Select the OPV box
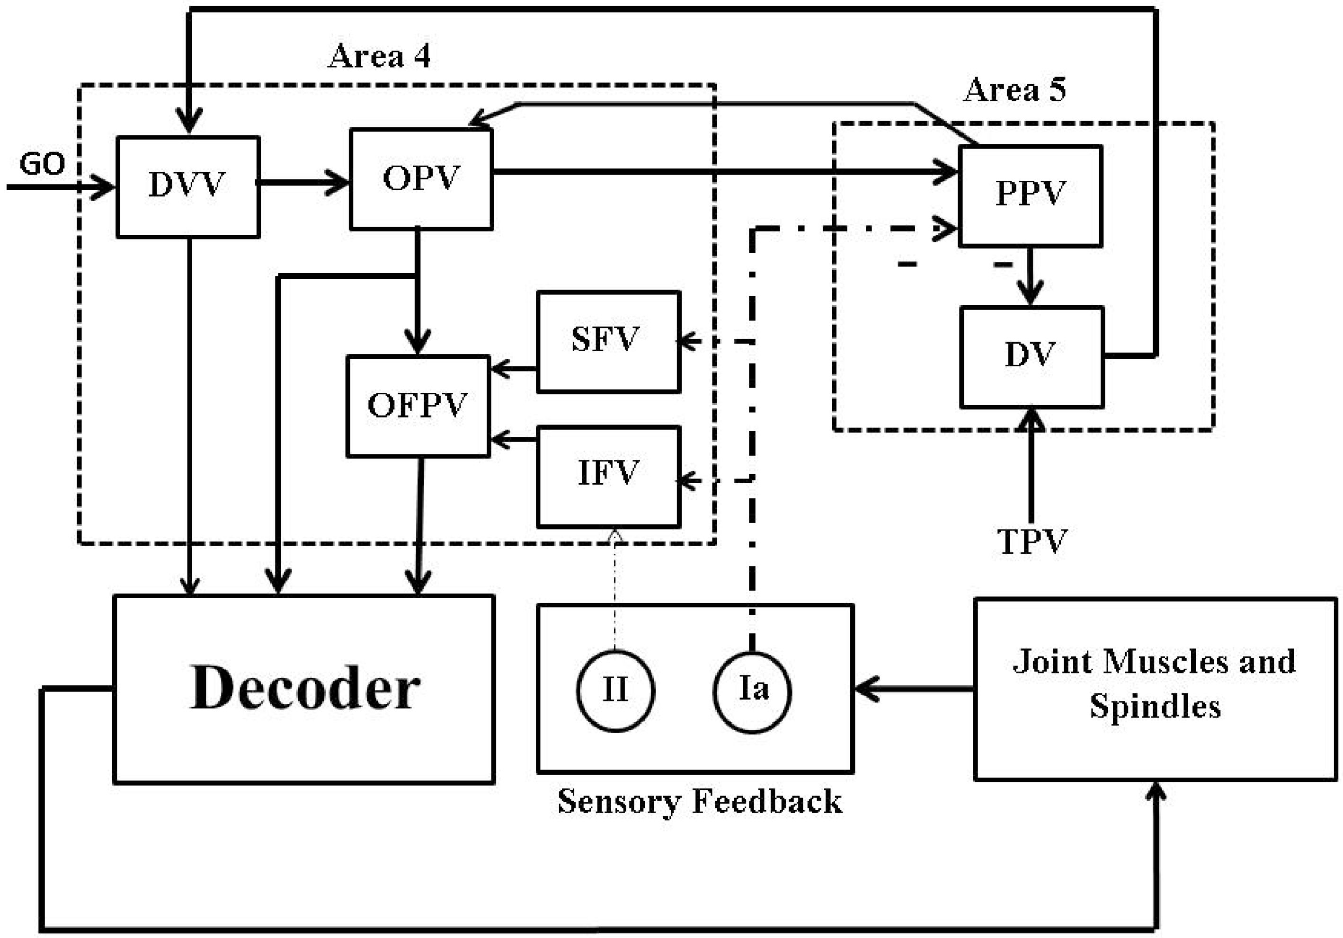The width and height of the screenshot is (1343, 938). (421, 179)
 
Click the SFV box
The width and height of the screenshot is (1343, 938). (608, 341)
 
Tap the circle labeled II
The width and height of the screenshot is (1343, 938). (615, 690)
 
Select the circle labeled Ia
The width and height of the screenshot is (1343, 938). (752, 690)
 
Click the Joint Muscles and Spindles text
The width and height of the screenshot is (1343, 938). (1155, 684)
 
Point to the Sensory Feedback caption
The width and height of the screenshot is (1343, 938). (700, 801)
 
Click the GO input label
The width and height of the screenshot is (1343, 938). (42, 164)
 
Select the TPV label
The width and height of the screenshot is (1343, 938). (1032, 541)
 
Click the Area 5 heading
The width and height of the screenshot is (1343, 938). (1014, 91)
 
